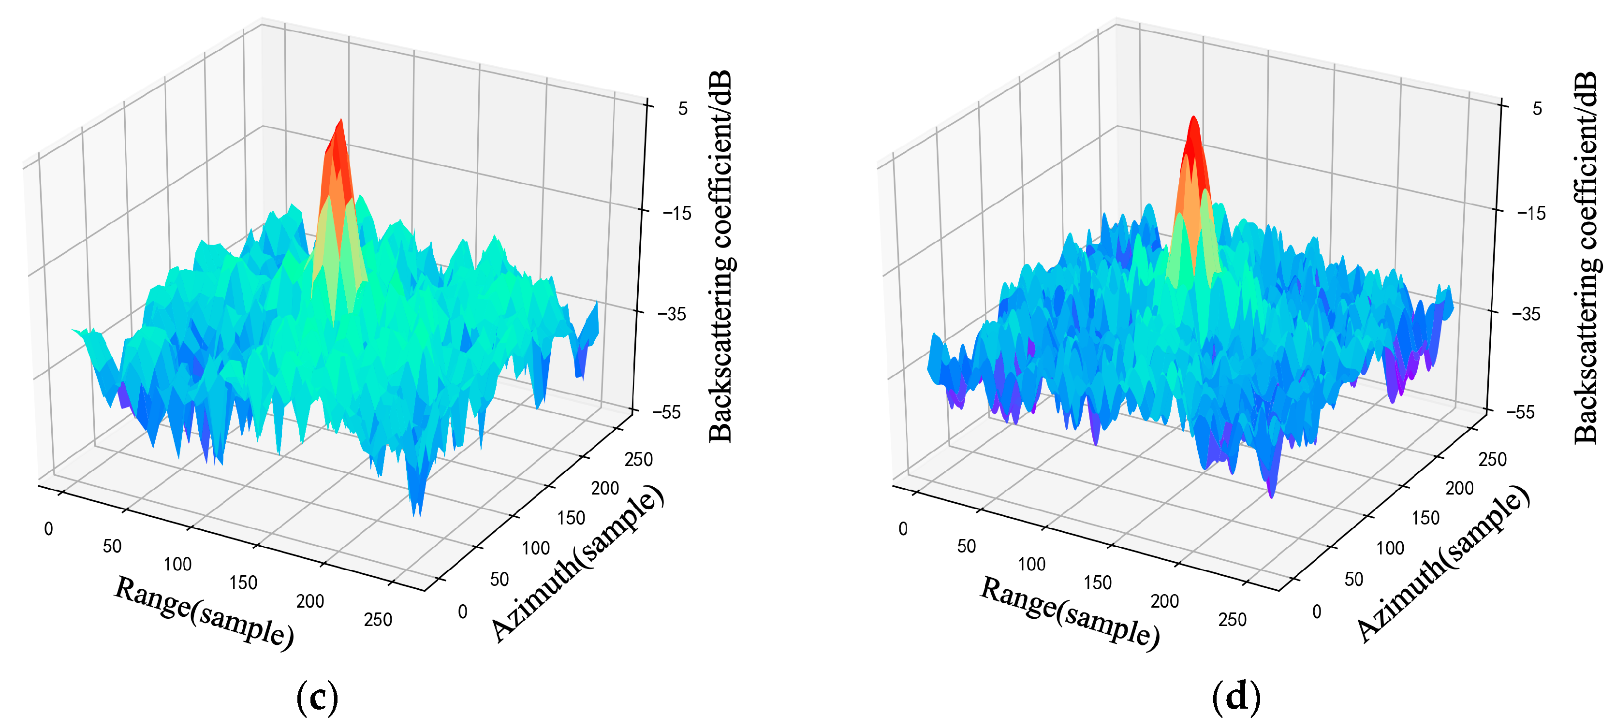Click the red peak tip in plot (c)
click(340, 120)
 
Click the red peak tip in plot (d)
click(1193, 118)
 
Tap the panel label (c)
click(317, 697)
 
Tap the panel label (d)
click(1236, 697)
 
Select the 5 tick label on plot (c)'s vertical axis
click(683, 108)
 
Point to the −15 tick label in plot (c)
click(676, 213)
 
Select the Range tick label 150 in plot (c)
click(243, 583)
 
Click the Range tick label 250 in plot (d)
click(1232, 620)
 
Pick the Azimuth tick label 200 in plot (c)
click(605, 488)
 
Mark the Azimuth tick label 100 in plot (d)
click(1390, 548)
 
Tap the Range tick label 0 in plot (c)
click(48, 529)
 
